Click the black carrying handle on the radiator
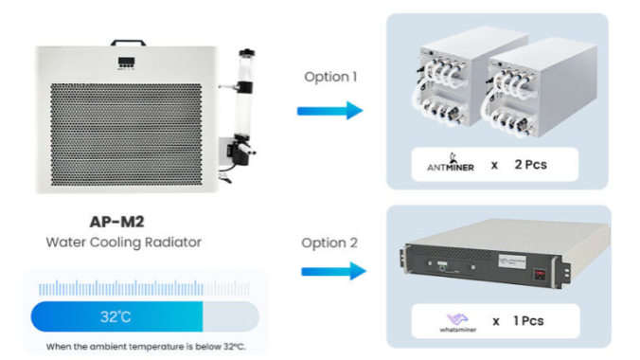[x=128, y=41]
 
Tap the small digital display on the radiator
[x=127, y=63]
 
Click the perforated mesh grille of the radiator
[x=127, y=135]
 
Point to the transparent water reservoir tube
[x=245, y=99]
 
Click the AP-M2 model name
[x=116, y=222]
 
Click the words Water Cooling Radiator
[x=124, y=243]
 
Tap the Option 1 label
[x=330, y=77]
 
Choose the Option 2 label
[x=329, y=243]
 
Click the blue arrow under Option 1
[x=329, y=110]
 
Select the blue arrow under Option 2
[x=334, y=271]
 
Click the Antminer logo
[x=451, y=163]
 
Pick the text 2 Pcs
[x=530, y=165]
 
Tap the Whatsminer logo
[x=457, y=322]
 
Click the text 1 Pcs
[x=528, y=321]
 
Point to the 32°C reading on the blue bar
[x=116, y=316]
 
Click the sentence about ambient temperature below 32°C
[x=146, y=347]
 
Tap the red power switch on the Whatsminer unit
[x=540, y=275]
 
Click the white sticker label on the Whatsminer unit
[x=512, y=261]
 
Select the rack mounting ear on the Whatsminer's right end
[x=566, y=270]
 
